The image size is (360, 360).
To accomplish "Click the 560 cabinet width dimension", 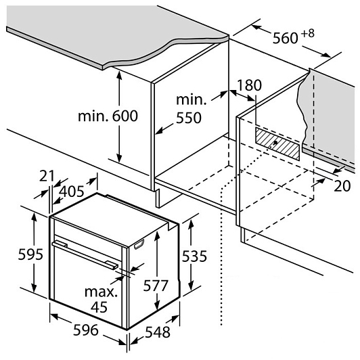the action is (285, 38).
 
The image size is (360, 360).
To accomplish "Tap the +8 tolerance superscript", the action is (307, 34).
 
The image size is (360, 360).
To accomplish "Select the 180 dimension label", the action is (249, 85).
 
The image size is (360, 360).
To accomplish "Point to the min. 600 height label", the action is (108, 116).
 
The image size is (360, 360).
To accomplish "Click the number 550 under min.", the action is (189, 118).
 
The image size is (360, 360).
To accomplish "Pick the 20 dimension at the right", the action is (342, 185).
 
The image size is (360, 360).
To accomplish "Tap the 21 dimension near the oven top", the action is (47, 176).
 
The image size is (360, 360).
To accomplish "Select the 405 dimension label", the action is (72, 192).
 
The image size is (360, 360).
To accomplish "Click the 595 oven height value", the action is (30, 254).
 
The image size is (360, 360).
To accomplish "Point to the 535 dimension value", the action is (194, 256).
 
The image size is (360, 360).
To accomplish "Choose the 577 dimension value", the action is (156, 286).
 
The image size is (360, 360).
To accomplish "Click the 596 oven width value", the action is (86, 330).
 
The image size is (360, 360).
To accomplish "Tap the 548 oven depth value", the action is (158, 332).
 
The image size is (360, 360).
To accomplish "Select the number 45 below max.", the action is (99, 307).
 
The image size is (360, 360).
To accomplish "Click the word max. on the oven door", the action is (101, 292).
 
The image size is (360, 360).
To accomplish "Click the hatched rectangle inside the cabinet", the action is (278, 143).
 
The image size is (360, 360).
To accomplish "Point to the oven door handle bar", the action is (85, 254).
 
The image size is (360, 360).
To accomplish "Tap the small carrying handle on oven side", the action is (139, 244).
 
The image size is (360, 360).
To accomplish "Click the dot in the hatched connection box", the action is (275, 143).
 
